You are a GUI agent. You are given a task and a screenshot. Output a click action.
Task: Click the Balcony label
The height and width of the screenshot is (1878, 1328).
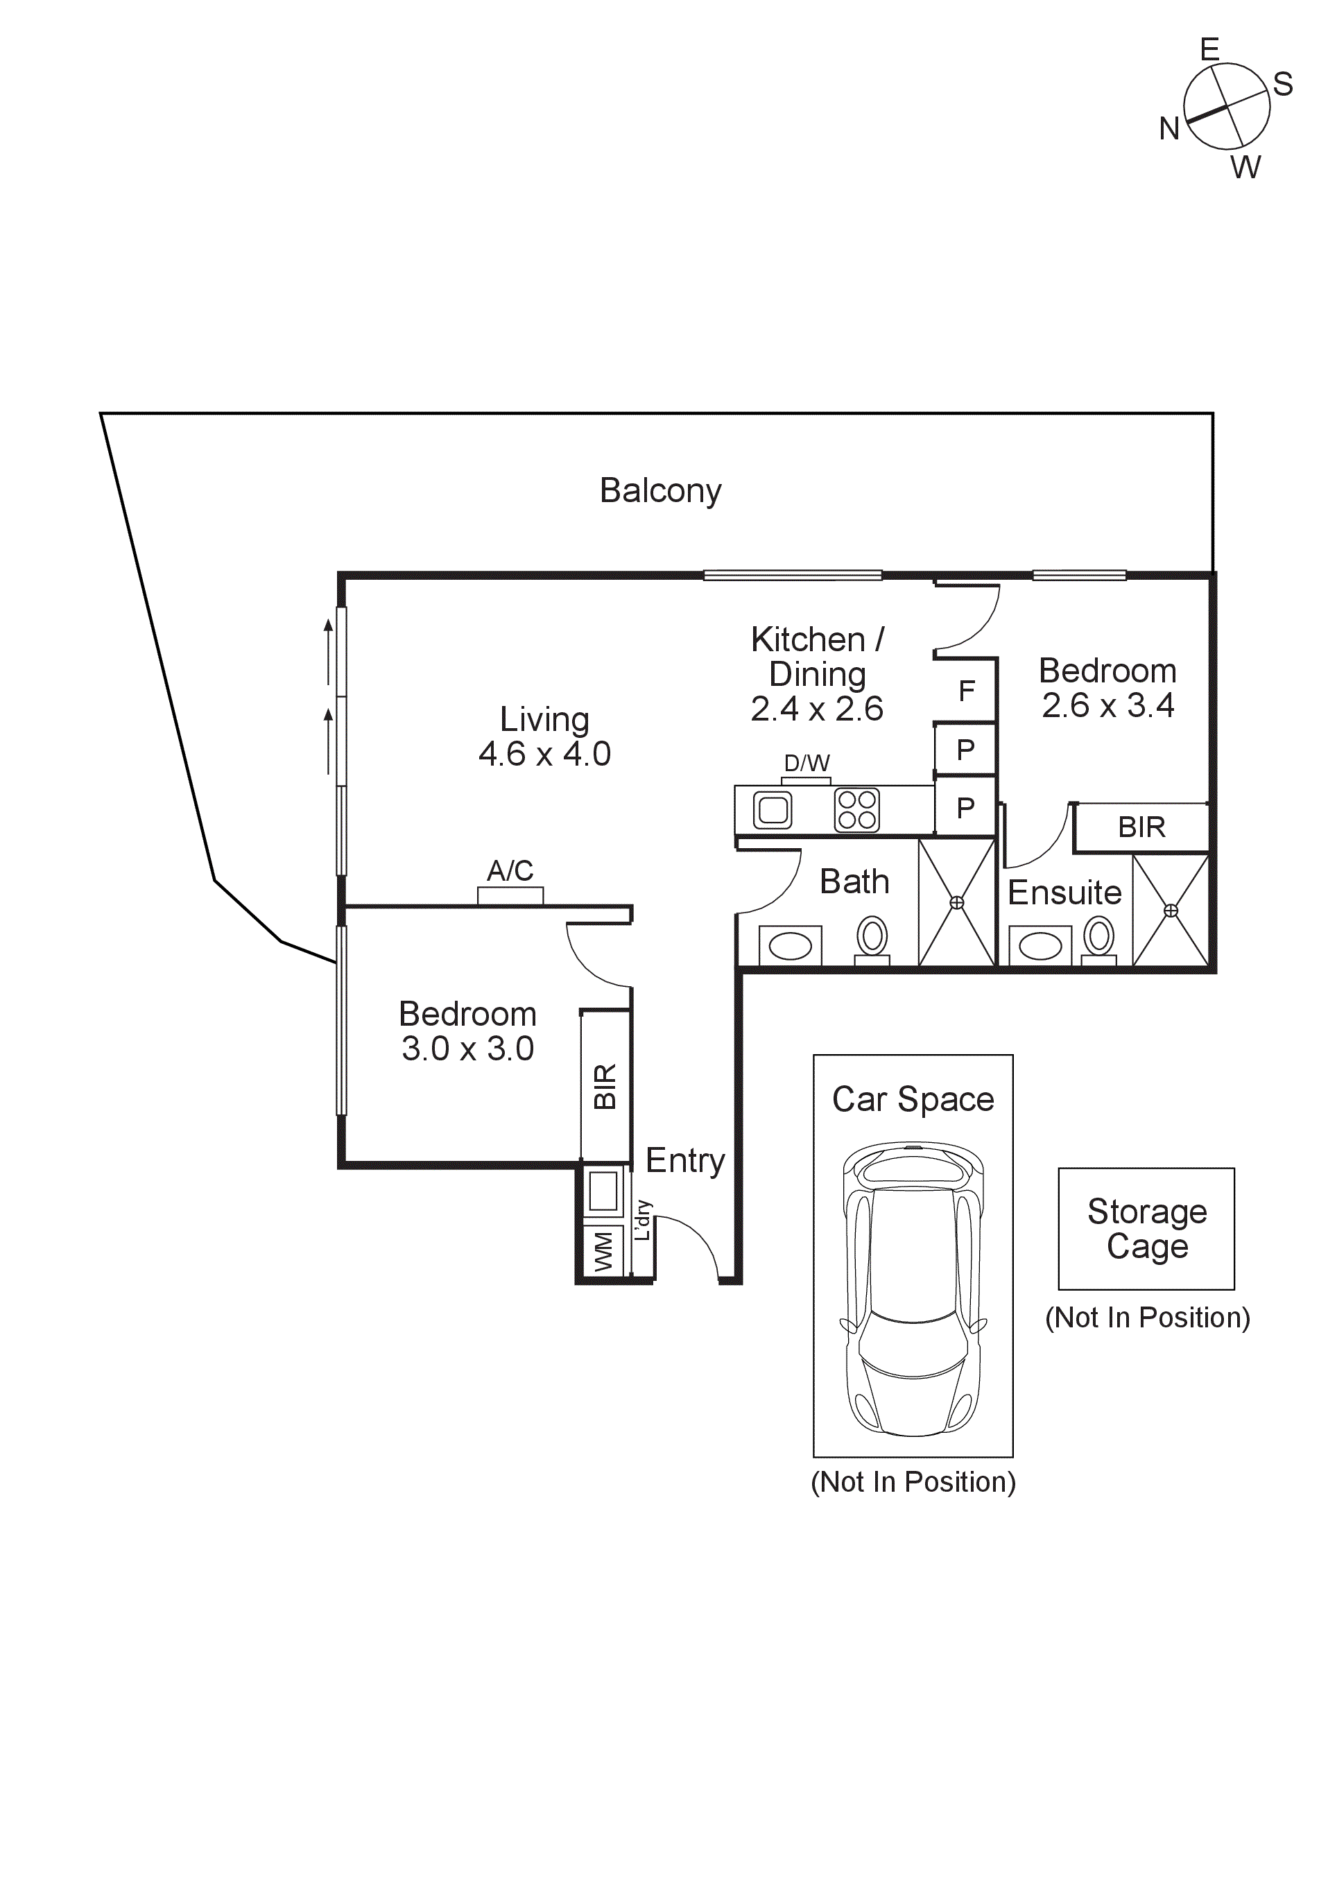pos(661,491)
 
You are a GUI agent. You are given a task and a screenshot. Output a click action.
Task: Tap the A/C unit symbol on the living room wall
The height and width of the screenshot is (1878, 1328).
pos(510,895)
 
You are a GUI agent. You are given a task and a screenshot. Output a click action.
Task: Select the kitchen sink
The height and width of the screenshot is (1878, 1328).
pos(772,810)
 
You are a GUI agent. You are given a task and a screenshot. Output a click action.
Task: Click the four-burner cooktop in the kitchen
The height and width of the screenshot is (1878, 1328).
pos(857,810)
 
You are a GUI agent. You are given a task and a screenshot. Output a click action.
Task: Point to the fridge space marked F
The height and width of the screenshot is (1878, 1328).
pos(966,691)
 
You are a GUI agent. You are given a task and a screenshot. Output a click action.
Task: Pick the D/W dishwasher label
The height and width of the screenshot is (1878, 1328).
pos(807,763)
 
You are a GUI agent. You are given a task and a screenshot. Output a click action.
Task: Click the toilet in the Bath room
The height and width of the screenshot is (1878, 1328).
pos(872,940)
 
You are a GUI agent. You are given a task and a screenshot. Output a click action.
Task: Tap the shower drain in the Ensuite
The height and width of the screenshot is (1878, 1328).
pos(1171,911)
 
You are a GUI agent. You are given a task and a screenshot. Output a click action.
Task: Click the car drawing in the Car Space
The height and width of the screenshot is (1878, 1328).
pos(913,1290)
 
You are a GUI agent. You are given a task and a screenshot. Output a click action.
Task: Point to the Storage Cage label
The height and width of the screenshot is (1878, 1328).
pos(1147,1229)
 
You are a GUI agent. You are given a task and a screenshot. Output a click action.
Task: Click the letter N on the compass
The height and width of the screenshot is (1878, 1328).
pos(1169,128)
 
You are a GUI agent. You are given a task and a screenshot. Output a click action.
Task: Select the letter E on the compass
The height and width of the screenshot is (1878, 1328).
pos(1209,50)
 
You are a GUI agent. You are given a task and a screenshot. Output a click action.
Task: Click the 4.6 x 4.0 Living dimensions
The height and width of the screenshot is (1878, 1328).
pos(544,754)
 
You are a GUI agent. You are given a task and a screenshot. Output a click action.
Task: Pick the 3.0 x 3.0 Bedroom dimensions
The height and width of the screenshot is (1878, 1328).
pos(467,1049)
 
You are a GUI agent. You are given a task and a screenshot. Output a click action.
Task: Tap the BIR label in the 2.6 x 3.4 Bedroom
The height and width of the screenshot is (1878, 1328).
pos(1141,827)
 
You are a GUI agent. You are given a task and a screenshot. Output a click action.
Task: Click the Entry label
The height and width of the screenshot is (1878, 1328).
pos(685,1162)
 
